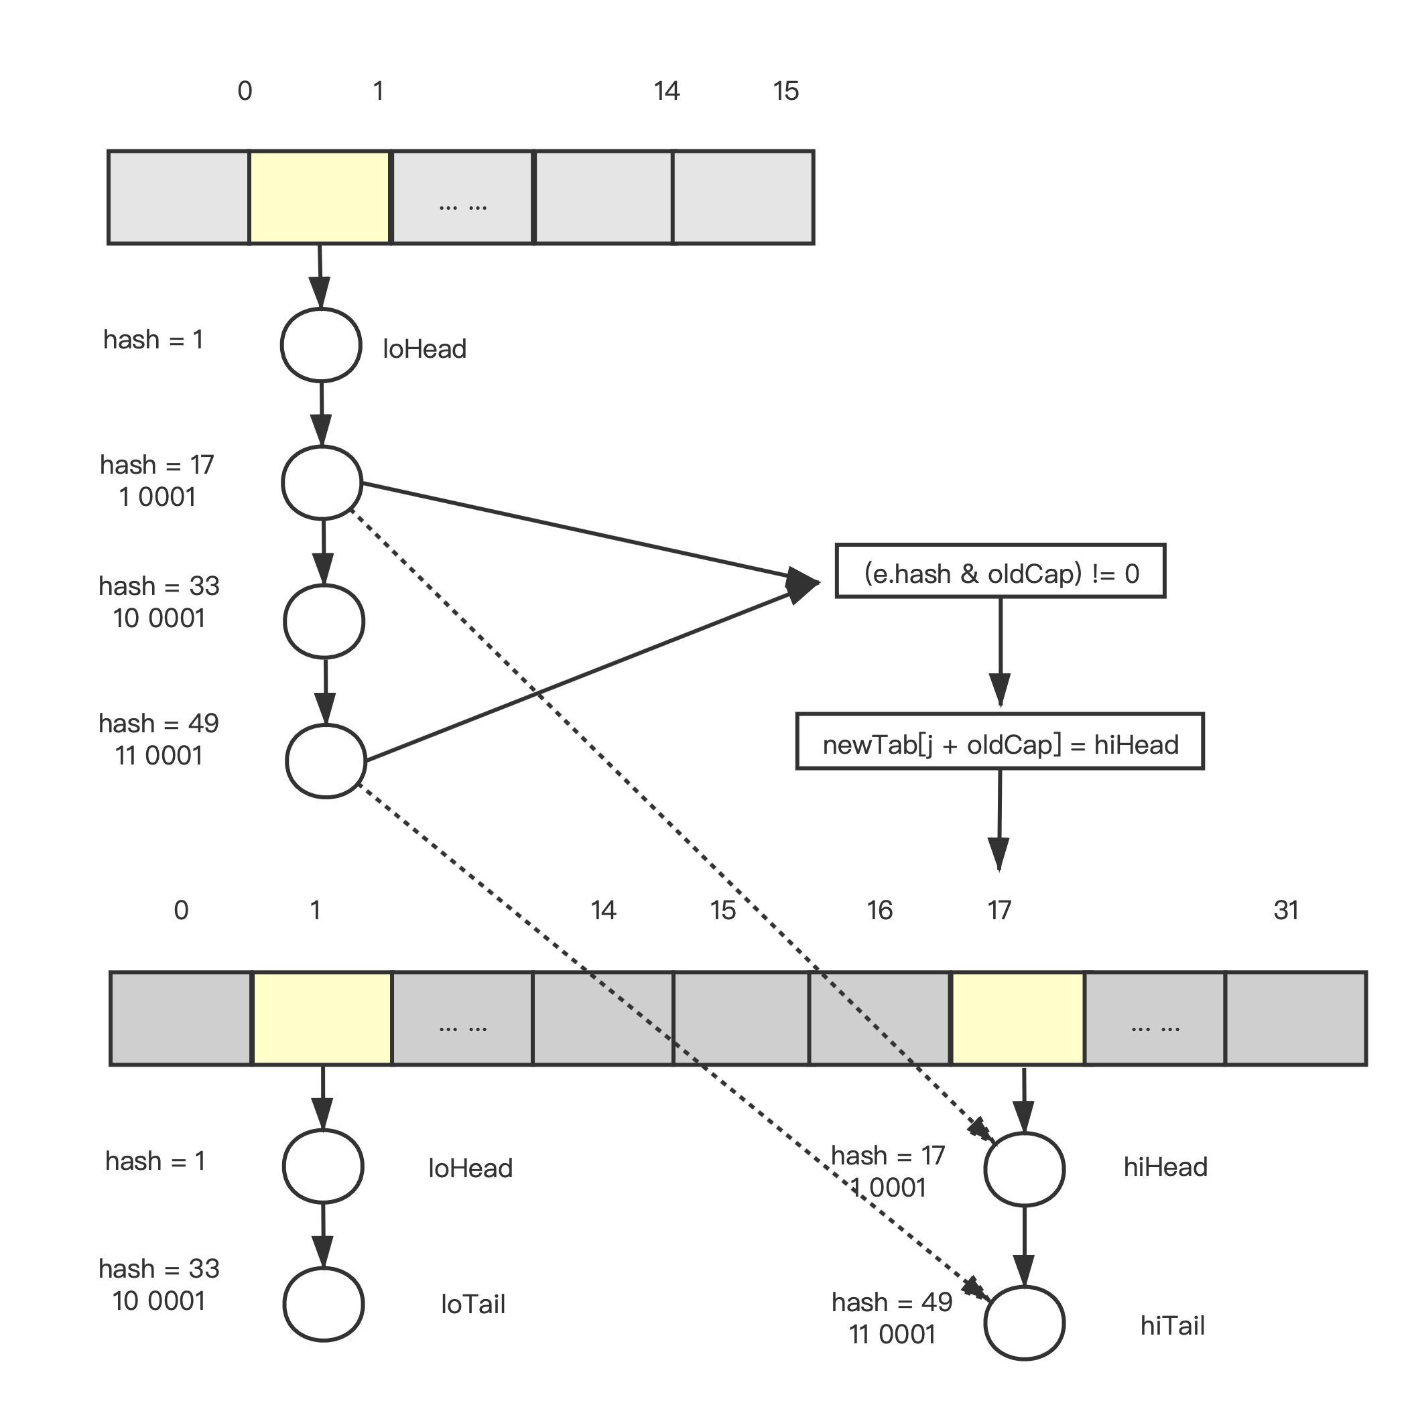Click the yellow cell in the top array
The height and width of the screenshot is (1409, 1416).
click(x=320, y=197)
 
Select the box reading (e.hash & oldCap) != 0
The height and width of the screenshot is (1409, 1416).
click(x=1001, y=572)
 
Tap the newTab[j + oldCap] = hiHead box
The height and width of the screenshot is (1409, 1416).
click(x=1000, y=742)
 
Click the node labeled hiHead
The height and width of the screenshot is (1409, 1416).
click(x=1024, y=1168)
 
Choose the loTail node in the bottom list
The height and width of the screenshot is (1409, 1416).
click(x=323, y=1305)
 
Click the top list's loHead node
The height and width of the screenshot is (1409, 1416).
click(x=321, y=345)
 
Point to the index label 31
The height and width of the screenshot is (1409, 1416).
click(x=1286, y=910)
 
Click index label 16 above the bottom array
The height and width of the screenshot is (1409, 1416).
click(x=879, y=910)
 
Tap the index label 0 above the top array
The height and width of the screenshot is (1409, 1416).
click(x=245, y=91)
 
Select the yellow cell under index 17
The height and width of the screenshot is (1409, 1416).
click(x=1017, y=1018)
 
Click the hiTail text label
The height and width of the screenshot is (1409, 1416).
click(x=1172, y=1325)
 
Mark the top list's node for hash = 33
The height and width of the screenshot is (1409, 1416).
click(x=324, y=621)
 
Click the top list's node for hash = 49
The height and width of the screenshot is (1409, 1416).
click(x=326, y=761)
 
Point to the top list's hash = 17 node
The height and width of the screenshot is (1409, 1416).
click(x=322, y=483)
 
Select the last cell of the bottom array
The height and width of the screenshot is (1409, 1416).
click(x=1296, y=1018)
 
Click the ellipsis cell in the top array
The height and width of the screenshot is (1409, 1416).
click(x=462, y=197)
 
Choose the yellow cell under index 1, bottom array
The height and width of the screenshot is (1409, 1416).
click(x=322, y=1018)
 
